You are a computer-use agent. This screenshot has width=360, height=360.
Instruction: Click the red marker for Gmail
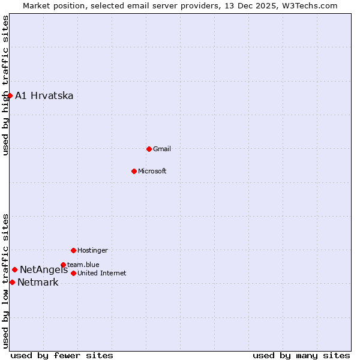[149, 149]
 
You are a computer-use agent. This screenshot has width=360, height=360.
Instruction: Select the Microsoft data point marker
[134, 171]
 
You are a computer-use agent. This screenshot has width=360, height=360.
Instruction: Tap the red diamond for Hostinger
[73, 250]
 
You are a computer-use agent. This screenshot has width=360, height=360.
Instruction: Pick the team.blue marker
[63, 265]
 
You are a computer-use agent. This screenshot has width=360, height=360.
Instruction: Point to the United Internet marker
[73, 273]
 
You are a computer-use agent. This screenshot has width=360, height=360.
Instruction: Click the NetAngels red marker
[14, 269]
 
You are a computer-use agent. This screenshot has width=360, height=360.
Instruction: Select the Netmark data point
[12, 282]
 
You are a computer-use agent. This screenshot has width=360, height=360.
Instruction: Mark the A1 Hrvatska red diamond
[10, 95]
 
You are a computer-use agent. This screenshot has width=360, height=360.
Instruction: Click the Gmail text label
[162, 149]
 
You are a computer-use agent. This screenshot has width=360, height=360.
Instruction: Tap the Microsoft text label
[152, 171]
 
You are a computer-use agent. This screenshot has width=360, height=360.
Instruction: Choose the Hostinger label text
[92, 250]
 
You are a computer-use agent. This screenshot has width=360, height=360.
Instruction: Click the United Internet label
[102, 273]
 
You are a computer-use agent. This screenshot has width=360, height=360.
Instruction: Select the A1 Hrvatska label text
[44, 95]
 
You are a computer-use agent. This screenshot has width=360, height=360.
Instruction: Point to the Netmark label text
[38, 283]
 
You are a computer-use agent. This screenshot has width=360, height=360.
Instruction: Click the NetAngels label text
[43, 270]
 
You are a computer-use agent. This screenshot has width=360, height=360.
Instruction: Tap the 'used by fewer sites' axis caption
[62, 355]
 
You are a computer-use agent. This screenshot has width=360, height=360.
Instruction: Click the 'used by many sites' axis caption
[301, 355]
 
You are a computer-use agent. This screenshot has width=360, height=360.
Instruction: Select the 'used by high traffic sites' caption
[5, 85]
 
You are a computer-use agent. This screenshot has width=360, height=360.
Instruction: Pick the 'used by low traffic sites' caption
[5, 280]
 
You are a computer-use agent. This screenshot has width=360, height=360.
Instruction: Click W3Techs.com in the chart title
[308, 5]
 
